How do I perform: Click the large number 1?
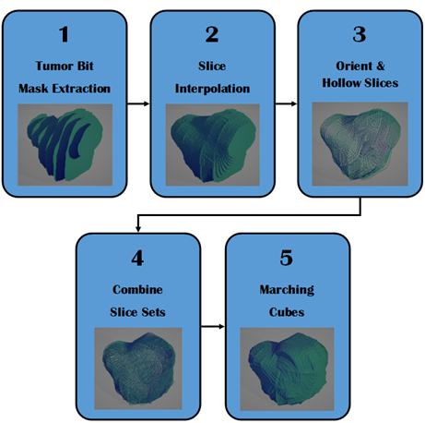tap(64, 34)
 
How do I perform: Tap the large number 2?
tap(212, 34)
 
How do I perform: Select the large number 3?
tap(360, 34)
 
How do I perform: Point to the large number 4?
tap(137, 258)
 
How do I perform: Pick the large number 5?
tap(286, 258)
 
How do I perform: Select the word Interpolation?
tap(212, 89)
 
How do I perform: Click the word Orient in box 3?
tap(351, 66)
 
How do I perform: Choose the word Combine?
tap(137, 289)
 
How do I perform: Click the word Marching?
tap(287, 290)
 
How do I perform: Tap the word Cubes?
tap(287, 312)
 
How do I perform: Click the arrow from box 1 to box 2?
tap(138, 103)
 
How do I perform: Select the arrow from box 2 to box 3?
tap(286, 103)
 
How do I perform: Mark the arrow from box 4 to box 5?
tap(213, 326)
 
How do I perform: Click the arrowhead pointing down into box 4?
tap(138, 229)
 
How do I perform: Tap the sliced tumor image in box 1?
tap(65, 145)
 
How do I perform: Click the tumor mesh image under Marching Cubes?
tap(287, 369)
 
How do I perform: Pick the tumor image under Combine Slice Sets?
tap(138, 369)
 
